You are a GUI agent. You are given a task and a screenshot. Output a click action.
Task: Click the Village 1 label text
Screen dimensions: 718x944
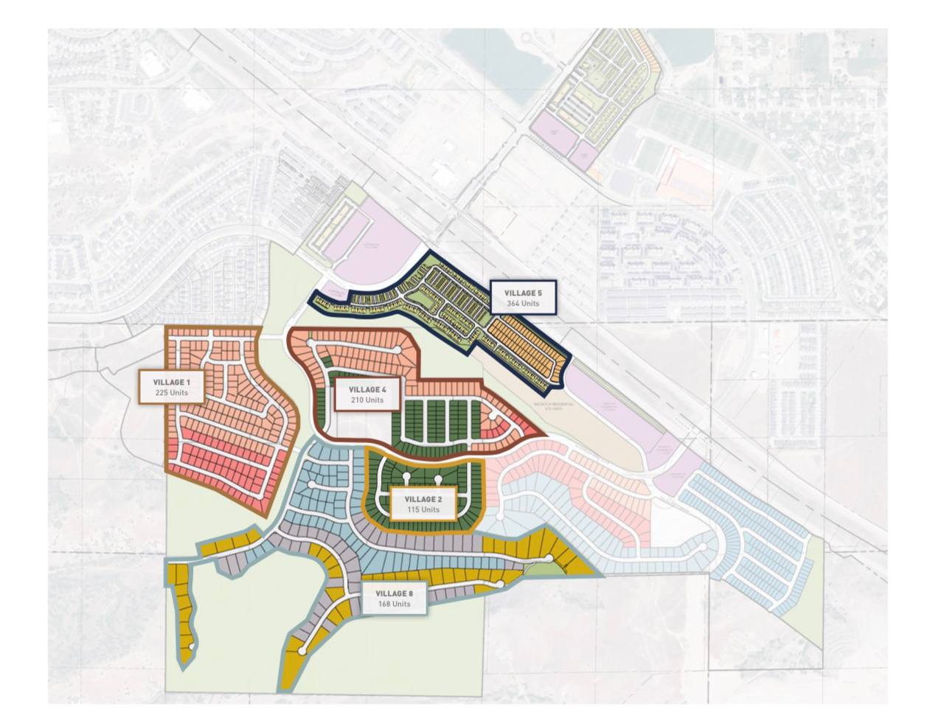pyautogui.click(x=172, y=382)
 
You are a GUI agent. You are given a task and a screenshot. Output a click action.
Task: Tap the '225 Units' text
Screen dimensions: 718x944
pyautogui.click(x=172, y=393)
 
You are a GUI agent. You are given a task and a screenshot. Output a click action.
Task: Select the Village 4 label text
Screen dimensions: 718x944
pyautogui.click(x=367, y=389)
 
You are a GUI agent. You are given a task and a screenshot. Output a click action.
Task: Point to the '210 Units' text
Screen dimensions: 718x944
pyautogui.click(x=367, y=400)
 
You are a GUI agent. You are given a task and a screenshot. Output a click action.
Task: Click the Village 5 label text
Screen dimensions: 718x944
pyautogui.click(x=523, y=293)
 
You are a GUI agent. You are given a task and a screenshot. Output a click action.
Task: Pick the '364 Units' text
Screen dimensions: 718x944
pyautogui.click(x=523, y=304)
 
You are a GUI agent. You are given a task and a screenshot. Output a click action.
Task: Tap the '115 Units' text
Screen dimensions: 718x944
pyautogui.click(x=423, y=510)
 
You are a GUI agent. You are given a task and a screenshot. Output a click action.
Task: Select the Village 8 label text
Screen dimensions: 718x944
pyautogui.click(x=395, y=593)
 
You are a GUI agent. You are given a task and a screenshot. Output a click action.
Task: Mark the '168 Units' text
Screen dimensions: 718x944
pyautogui.click(x=395, y=604)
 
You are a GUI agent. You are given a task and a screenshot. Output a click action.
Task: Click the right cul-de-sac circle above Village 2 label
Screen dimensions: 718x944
pyautogui.click(x=438, y=479)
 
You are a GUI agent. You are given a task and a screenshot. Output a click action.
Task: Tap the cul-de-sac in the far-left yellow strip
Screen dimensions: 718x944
pyautogui.click(x=192, y=646)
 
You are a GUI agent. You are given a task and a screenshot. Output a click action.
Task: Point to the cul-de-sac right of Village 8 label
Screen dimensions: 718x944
pyautogui.click(x=500, y=585)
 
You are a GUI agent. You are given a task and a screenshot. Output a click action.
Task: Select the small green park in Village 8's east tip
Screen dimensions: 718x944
pyautogui.click(x=532, y=566)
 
